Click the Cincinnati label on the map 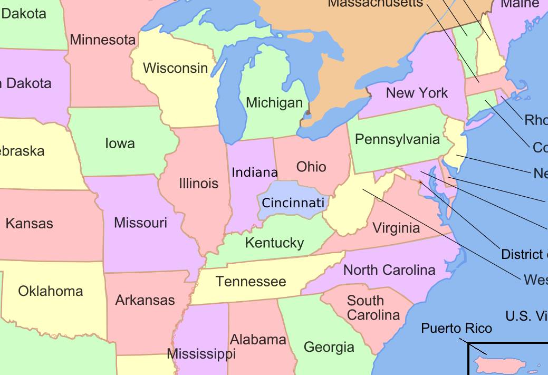[x=293, y=203]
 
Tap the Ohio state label [x=311, y=167]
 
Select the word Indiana [x=255, y=172]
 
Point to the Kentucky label [x=274, y=243]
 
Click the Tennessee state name [x=251, y=281]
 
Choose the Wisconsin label [x=176, y=68]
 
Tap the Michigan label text [x=274, y=102]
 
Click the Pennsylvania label [x=397, y=139]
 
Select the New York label [x=417, y=93]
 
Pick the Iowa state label [x=120, y=143]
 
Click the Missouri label [x=140, y=223]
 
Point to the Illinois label [x=198, y=183]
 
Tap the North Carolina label [x=389, y=270]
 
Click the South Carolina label [x=373, y=308]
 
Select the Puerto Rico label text [x=456, y=328]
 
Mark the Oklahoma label [x=51, y=291]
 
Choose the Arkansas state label [x=145, y=300]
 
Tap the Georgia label [x=329, y=347]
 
